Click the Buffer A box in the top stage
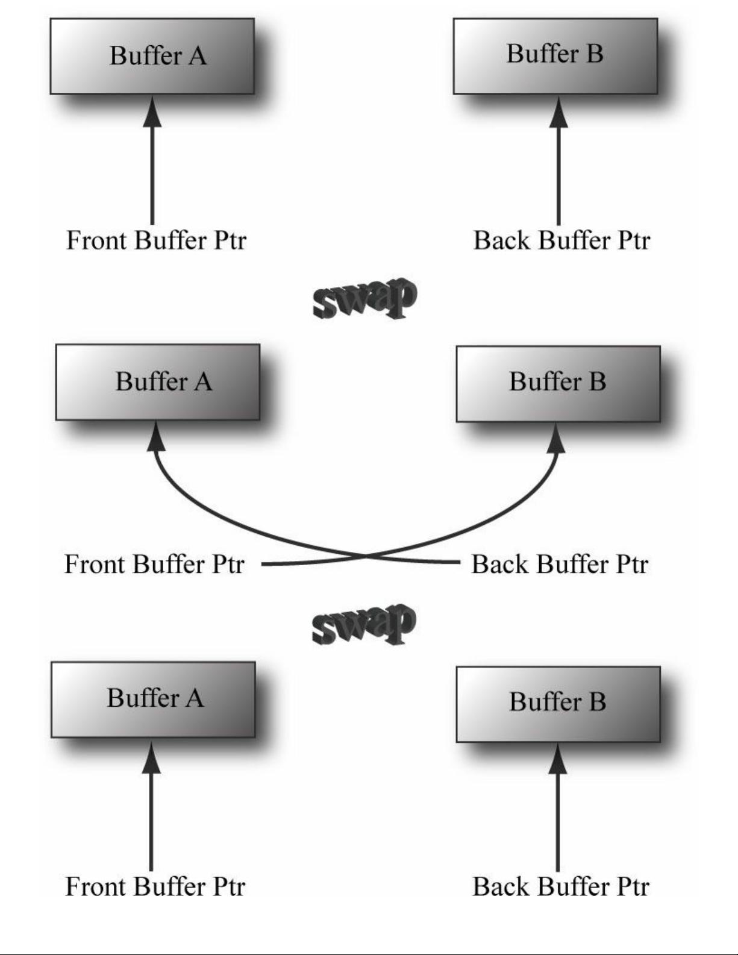(152, 56)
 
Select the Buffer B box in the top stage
(555, 56)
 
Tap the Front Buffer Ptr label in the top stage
(156, 240)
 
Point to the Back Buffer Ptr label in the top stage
(561, 240)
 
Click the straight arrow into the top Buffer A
(152, 160)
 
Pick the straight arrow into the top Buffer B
(558, 160)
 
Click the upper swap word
(364, 298)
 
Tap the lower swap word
(364, 624)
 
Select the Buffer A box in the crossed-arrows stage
(158, 382)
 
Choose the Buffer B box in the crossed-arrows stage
(558, 384)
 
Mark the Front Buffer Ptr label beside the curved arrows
(154, 565)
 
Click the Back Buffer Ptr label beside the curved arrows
(560, 565)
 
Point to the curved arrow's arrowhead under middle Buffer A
(156, 437)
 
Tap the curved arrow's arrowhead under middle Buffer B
(556, 438)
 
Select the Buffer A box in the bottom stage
(153, 700)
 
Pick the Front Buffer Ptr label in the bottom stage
(155, 886)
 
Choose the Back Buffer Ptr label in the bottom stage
(560, 886)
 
